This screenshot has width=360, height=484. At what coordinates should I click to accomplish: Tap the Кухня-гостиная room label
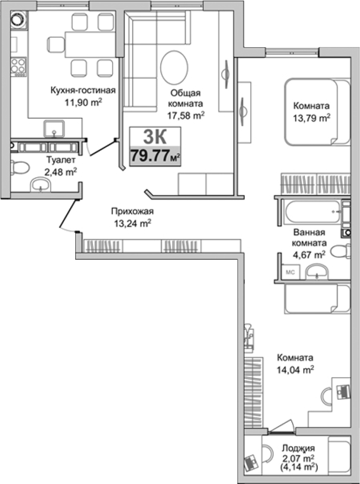click(82, 90)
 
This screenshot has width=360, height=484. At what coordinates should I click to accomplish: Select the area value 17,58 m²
click(186, 116)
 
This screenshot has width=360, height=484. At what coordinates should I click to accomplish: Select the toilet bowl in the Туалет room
click(18, 168)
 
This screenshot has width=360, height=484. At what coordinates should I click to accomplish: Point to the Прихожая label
click(132, 211)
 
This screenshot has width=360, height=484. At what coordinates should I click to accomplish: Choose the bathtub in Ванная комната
click(308, 212)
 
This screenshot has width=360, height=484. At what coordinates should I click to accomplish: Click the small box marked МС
click(290, 272)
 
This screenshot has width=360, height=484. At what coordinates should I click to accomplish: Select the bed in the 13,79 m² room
click(317, 111)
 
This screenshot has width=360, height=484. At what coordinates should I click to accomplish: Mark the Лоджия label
click(298, 448)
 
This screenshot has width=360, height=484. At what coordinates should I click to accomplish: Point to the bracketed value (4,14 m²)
click(298, 467)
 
